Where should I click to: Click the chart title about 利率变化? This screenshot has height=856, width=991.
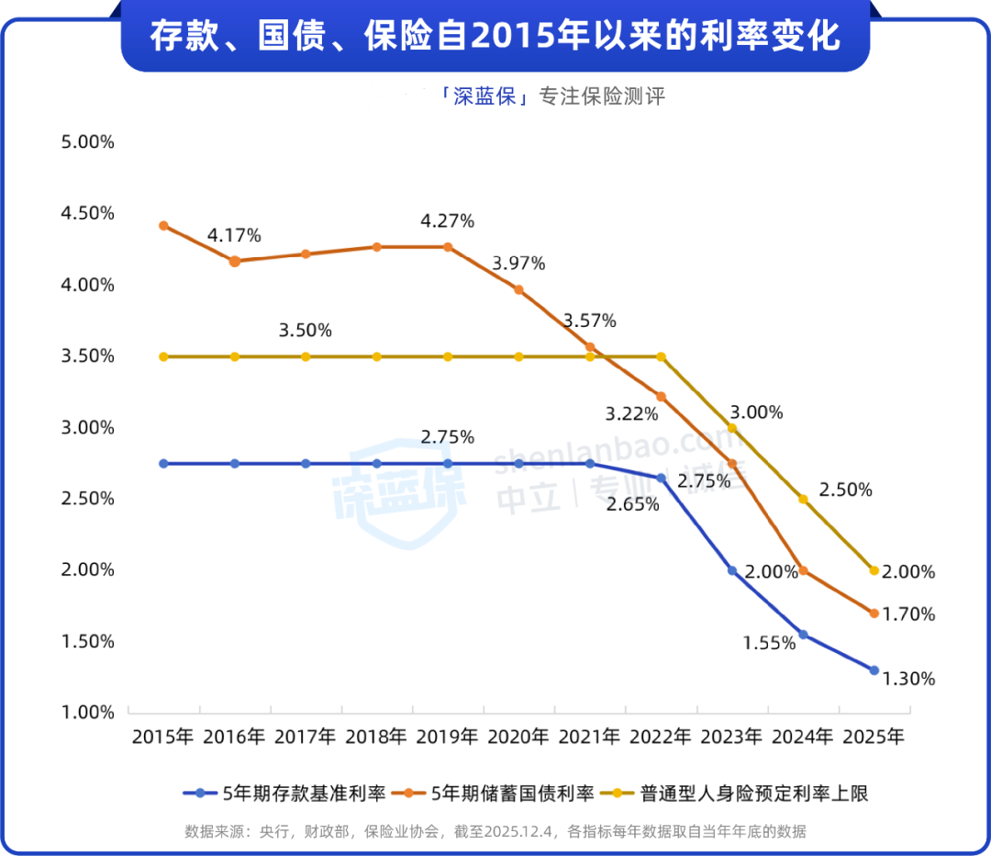495,37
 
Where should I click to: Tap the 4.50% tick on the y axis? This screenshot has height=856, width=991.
88,213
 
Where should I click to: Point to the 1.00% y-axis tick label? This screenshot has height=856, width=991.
88,712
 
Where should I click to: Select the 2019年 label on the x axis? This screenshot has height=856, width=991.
447,737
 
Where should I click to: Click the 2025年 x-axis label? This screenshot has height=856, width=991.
874,737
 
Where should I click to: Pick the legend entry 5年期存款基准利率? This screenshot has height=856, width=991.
284,793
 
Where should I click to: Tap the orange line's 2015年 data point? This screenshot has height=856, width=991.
163,225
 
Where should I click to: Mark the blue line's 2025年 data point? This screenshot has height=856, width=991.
874,670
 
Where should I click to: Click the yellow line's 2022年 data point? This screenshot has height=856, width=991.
661,356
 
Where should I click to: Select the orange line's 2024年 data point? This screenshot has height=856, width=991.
803,570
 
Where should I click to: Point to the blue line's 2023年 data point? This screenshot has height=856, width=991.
732,570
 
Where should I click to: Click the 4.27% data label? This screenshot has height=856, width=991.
447,221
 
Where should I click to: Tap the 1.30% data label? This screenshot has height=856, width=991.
908,680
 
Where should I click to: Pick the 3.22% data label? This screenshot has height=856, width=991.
631,414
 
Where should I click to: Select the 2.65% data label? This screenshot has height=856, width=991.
632,504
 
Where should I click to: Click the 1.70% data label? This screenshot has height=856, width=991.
908,614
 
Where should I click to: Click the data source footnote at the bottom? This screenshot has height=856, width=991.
495,831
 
